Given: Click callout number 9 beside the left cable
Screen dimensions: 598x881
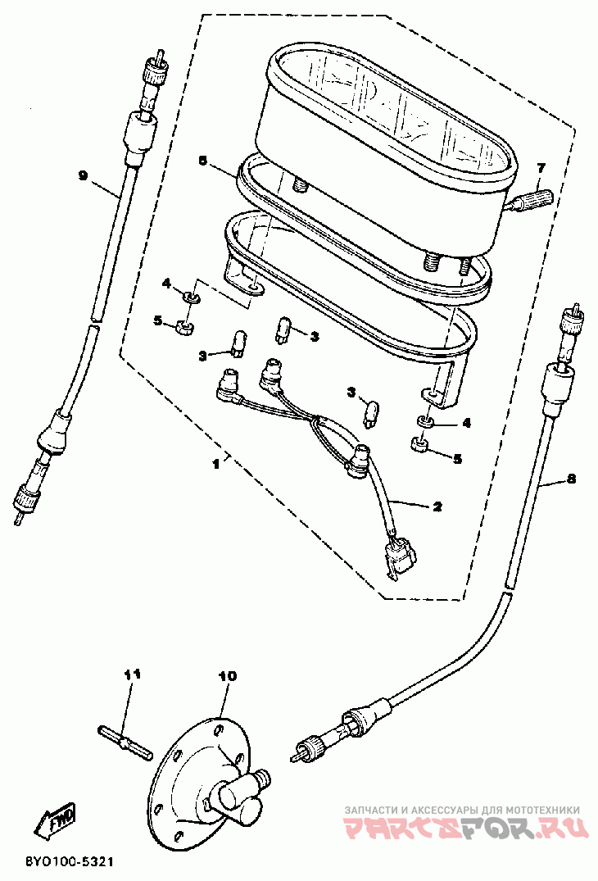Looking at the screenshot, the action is coord(83,175).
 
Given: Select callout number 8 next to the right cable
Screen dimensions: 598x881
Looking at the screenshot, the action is coord(571,478).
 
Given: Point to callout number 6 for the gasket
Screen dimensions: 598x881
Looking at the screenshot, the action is coord(202,161).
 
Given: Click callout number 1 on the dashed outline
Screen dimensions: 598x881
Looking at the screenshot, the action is coord(215,463).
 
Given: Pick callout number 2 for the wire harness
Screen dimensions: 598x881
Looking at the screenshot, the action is coord(437,506).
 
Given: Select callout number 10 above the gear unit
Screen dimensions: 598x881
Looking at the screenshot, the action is coord(227,676).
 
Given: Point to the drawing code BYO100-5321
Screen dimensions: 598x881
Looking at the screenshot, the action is coord(69,862).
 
